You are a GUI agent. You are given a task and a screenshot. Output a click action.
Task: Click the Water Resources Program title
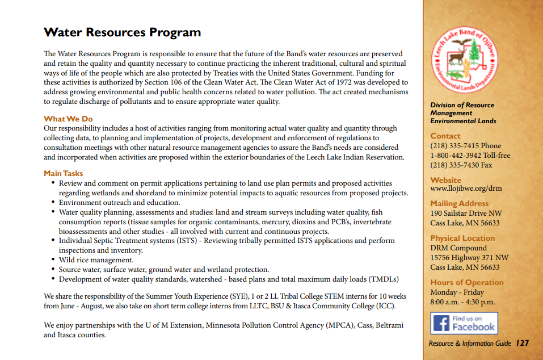122,32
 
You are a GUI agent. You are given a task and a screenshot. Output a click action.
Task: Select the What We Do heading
68,119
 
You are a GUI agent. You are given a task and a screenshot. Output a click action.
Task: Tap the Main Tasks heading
63,173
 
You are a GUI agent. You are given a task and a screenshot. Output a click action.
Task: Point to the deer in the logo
455,57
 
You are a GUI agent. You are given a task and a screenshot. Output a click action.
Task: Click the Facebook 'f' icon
441,324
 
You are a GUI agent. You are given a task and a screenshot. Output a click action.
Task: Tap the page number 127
522,343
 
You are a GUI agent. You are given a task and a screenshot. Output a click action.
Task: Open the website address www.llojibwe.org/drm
466,189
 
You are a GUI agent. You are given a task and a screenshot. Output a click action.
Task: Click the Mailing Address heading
459,203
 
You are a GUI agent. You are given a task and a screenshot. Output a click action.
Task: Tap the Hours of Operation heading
466,282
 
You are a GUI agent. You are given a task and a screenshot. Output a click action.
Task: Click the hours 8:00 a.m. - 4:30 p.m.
462,302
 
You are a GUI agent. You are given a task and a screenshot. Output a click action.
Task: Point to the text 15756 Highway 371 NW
469,257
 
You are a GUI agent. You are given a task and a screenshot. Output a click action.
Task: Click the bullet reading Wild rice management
96,260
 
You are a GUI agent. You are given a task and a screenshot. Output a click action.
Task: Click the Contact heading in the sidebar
445,136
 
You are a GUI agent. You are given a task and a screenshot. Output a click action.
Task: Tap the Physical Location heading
462,238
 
